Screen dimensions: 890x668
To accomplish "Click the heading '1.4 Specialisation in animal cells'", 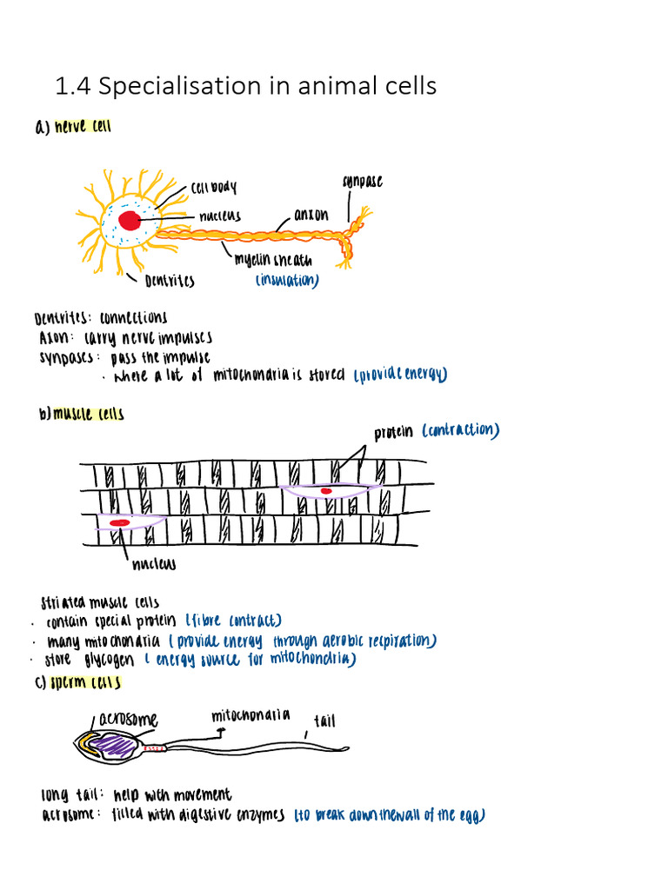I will [x=245, y=87].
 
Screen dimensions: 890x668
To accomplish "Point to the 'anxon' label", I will [x=311, y=214].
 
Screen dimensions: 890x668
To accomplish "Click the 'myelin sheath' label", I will [x=273, y=260].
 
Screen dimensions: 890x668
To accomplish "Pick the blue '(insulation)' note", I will [x=287, y=281].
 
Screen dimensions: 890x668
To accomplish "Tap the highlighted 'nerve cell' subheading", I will [x=83, y=127].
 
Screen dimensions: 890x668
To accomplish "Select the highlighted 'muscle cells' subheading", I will [x=88, y=415].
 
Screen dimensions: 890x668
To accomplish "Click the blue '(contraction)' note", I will [x=460, y=430].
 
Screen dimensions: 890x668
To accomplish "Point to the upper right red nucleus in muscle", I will [x=326, y=491].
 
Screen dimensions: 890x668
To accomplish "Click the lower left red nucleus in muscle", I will [x=119, y=522].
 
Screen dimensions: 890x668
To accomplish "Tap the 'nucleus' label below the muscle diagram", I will [x=153, y=565].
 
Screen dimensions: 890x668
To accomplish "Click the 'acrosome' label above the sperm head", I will [x=128, y=720].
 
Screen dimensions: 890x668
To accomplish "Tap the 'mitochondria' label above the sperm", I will [x=250, y=716].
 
